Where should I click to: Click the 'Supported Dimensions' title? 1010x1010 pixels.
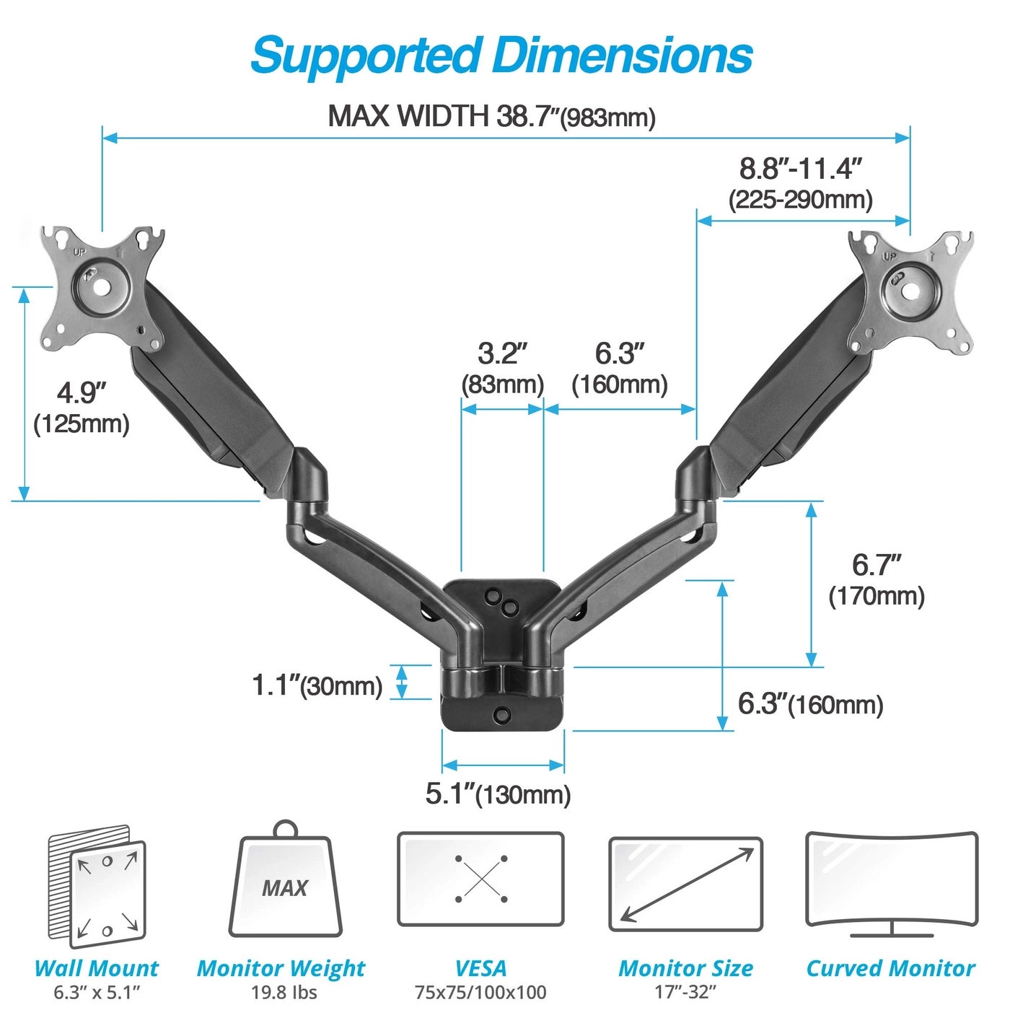pyautogui.click(x=501, y=56)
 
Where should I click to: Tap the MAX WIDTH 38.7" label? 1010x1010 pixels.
pyautogui.click(x=491, y=116)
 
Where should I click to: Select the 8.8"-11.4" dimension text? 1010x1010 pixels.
pyautogui.click(x=801, y=170)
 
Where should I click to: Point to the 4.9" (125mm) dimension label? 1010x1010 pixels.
pyautogui.click(x=82, y=408)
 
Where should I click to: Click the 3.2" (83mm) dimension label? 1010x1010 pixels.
pyautogui.click(x=502, y=368)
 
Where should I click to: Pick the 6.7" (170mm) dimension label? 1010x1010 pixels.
pyautogui.click(x=877, y=580)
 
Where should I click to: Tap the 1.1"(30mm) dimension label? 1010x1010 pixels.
pyautogui.click(x=317, y=685)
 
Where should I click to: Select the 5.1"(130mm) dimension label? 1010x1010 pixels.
pyautogui.click(x=498, y=794)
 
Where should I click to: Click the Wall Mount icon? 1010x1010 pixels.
pyautogui.click(x=97, y=887)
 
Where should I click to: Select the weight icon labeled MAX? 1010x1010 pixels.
pyautogui.click(x=286, y=884)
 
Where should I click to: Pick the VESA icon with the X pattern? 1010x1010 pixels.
pyautogui.click(x=480, y=879)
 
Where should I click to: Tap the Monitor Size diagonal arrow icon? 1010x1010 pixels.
pyautogui.click(x=685, y=884)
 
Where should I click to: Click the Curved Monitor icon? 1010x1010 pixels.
pyautogui.click(x=891, y=884)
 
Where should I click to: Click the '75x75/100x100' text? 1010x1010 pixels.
pyautogui.click(x=480, y=992)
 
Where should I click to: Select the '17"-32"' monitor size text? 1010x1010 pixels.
pyautogui.click(x=685, y=992)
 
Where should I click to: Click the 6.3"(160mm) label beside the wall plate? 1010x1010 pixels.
pyautogui.click(x=810, y=704)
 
